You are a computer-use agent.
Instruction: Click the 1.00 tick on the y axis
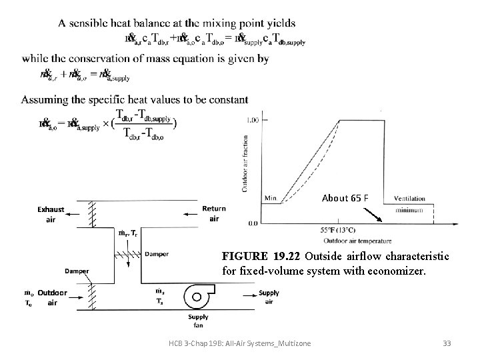coord(253,120)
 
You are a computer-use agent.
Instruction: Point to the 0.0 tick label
coord(253,223)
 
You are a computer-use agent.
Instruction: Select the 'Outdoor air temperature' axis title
coord(357,240)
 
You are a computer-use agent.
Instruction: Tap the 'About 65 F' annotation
coord(345,198)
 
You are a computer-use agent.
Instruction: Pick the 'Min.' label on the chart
coord(271,198)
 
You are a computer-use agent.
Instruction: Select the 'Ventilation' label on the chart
coord(411,199)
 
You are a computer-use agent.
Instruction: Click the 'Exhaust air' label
coord(51,213)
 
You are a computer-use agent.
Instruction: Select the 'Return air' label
coord(214,213)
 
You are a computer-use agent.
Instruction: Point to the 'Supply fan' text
coord(198,321)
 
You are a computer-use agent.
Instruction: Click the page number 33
coord(447,343)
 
